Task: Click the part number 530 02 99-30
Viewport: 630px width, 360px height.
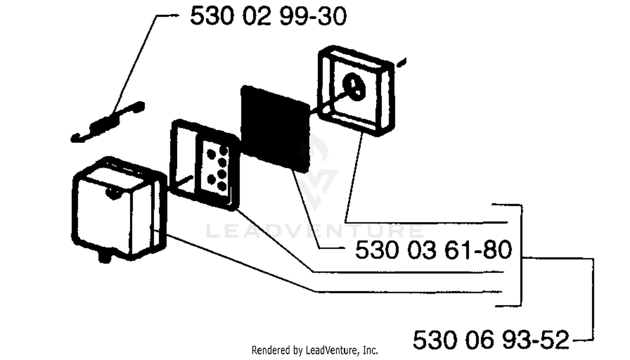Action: [268, 16]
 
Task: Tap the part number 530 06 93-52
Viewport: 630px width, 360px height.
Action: [491, 340]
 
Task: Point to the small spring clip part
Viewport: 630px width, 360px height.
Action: [108, 122]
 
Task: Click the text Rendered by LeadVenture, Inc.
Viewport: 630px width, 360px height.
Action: [315, 350]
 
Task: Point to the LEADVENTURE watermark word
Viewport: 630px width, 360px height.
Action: [315, 231]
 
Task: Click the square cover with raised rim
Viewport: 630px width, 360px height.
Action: [356, 91]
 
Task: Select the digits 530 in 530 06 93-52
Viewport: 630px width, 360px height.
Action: [435, 340]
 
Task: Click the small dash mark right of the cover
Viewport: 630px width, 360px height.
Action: [402, 63]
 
